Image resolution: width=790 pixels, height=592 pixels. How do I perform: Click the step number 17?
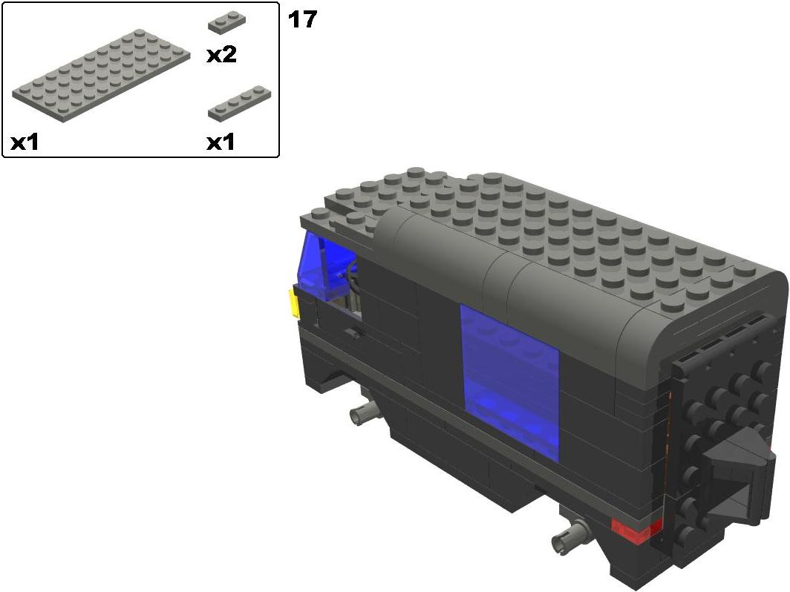(302, 19)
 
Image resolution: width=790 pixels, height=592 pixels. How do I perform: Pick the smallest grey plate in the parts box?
(227, 24)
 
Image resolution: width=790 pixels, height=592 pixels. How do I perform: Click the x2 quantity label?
(222, 55)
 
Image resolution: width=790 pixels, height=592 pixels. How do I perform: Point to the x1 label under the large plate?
(25, 143)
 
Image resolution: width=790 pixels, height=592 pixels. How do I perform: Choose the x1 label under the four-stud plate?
(221, 143)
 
